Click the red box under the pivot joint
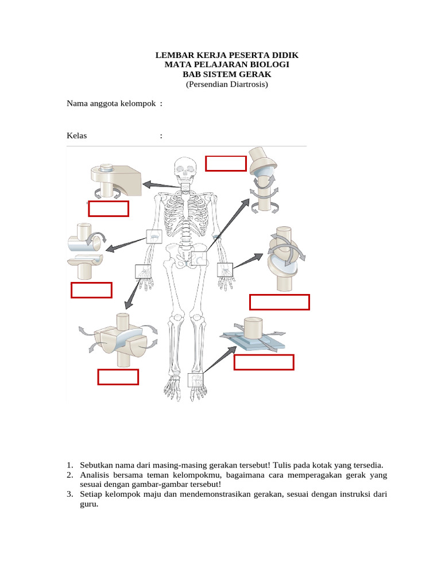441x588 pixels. click(109, 208)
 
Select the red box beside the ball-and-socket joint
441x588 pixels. click(226, 163)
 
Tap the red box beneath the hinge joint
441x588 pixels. click(91, 291)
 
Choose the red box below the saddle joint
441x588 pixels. click(118, 377)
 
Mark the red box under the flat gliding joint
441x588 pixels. click(264, 362)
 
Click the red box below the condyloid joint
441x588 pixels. click(280, 302)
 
